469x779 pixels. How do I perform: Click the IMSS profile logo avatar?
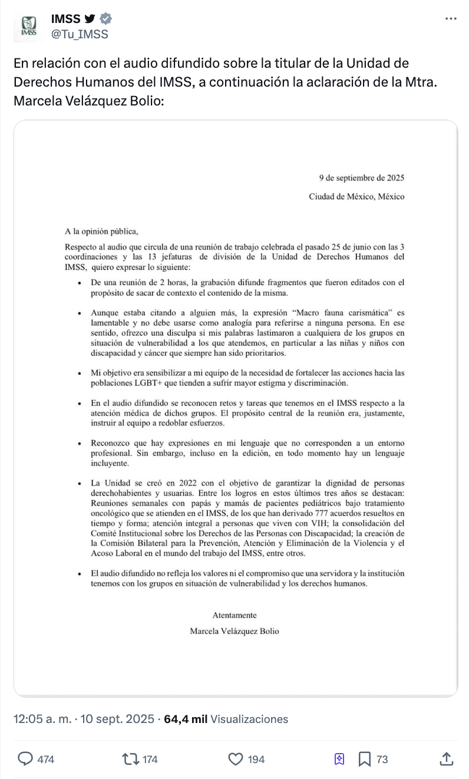tap(29, 27)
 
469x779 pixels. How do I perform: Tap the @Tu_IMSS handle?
tap(80, 34)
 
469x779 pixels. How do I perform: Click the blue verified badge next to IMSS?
tap(105, 19)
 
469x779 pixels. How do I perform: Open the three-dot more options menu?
tap(451, 19)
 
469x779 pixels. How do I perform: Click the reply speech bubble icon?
tap(25, 759)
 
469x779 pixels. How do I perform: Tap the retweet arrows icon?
tap(130, 759)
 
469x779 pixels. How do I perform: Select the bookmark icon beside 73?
tap(365, 759)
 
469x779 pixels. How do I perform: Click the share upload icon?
tap(446, 759)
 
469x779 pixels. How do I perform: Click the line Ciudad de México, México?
tap(356, 197)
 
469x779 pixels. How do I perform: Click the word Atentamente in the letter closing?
tap(234, 615)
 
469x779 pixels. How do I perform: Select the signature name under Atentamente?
tap(234, 631)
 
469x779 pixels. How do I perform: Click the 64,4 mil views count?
tap(186, 719)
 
